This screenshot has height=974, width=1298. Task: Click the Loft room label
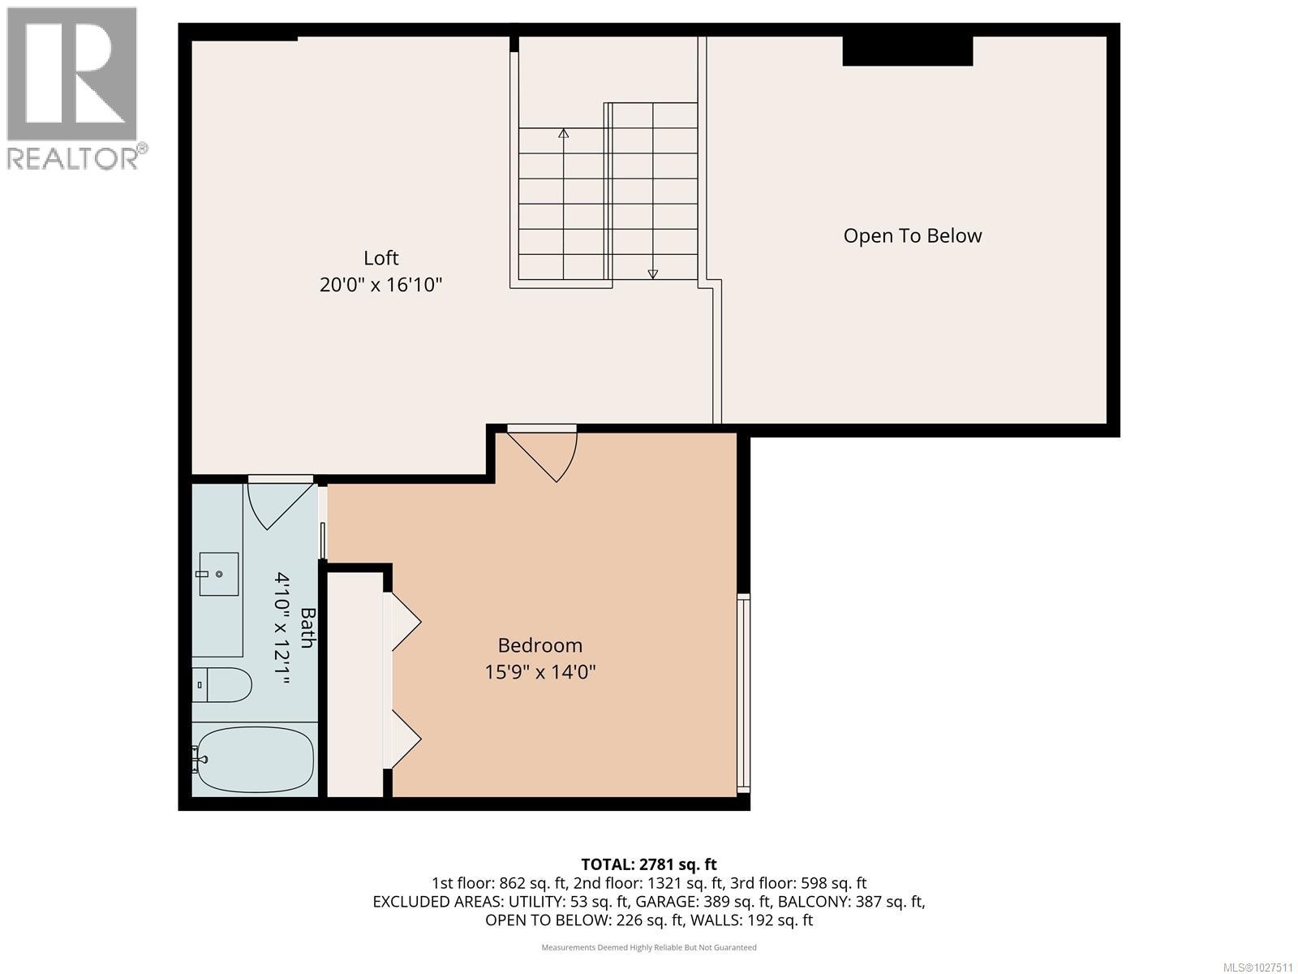tap(380, 258)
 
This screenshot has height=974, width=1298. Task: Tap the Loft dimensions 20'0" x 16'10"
tap(380, 285)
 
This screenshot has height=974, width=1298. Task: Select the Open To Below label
tap(912, 236)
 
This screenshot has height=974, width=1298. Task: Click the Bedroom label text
tap(539, 645)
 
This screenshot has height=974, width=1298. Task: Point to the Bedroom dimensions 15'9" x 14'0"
tap(539, 672)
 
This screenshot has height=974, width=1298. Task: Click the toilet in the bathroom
tap(223, 685)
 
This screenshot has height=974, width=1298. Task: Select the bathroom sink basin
tap(219, 574)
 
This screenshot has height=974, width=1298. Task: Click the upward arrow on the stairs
tap(563, 134)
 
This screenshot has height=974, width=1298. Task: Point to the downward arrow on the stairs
tap(653, 274)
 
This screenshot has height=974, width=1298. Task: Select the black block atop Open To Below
tap(907, 50)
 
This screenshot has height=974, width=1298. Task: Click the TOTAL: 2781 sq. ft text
tap(649, 864)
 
